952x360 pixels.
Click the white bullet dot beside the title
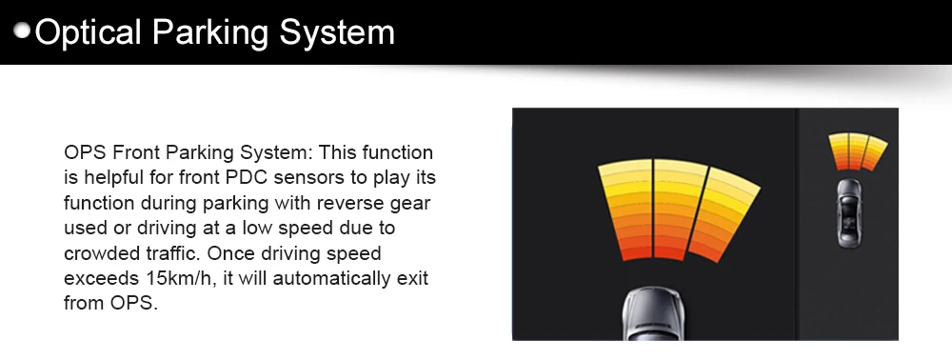pos(23,31)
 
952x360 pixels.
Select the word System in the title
pos(337,32)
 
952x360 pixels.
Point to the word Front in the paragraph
pos(136,151)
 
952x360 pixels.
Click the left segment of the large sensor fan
pos(626,210)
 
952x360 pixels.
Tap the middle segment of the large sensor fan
pos(679,209)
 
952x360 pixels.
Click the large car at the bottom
pos(653,314)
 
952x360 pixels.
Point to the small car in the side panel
pos(848,212)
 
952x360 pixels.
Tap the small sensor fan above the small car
pos(858,151)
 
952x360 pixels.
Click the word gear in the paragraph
pos(414,204)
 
